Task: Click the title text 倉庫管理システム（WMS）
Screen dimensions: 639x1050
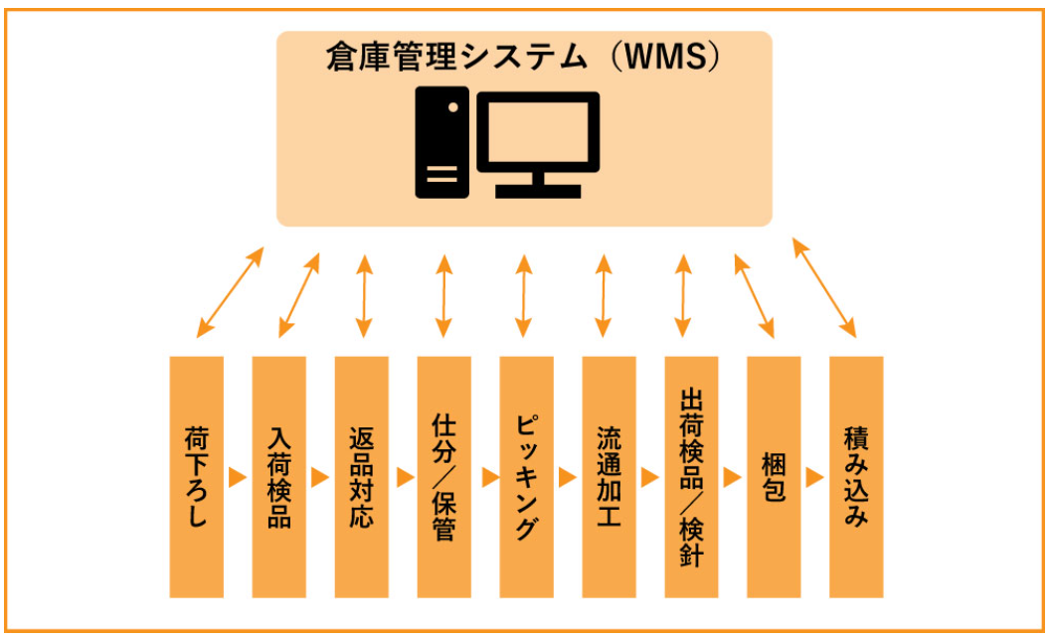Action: tap(523, 59)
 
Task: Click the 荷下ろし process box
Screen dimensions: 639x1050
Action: tap(197, 477)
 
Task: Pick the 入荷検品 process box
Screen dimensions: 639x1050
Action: tap(279, 477)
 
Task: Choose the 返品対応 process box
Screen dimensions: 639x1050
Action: tap(362, 477)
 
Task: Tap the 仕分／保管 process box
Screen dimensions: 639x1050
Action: tap(444, 477)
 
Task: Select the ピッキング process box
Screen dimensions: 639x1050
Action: tap(527, 477)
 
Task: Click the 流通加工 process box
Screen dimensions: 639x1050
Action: tap(610, 477)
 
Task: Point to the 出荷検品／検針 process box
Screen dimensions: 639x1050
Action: tap(692, 477)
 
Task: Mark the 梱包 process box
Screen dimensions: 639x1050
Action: tap(774, 477)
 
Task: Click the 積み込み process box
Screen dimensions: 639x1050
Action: tap(856, 477)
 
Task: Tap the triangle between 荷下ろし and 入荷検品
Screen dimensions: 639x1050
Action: tap(238, 477)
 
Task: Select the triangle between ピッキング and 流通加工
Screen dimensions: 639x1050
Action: tap(568, 477)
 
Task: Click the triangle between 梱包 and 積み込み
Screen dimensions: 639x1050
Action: tap(815, 477)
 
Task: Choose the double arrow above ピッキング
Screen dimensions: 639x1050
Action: tap(525, 295)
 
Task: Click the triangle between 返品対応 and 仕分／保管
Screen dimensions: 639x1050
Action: tap(404, 477)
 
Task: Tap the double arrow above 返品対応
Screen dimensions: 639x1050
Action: tap(363, 295)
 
